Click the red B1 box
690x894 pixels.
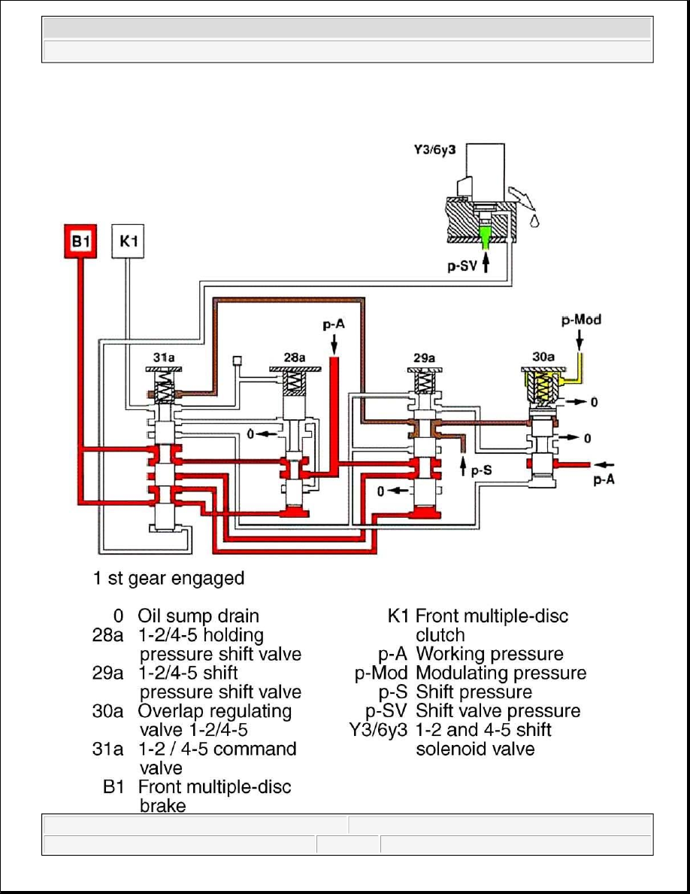[x=80, y=241]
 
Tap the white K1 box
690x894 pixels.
[x=128, y=241]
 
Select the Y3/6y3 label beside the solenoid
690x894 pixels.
[x=434, y=151]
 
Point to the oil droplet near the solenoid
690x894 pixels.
[x=534, y=220]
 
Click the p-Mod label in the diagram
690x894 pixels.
[x=581, y=320]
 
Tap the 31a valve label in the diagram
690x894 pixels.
[x=164, y=357]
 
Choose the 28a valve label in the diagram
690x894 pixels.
[x=295, y=357]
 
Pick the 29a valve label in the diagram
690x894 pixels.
[x=424, y=358]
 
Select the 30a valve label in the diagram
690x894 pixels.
[x=543, y=357]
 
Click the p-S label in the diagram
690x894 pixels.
[x=481, y=470]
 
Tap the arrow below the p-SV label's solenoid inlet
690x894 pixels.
[x=486, y=263]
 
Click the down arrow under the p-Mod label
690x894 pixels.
[x=580, y=340]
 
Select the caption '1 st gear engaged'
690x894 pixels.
[x=168, y=578]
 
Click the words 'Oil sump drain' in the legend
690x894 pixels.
[x=198, y=616]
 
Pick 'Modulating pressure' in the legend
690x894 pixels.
[x=501, y=673]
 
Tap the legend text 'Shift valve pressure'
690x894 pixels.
[x=498, y=711]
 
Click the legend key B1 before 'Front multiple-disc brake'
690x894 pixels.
[x=113, y=787]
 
